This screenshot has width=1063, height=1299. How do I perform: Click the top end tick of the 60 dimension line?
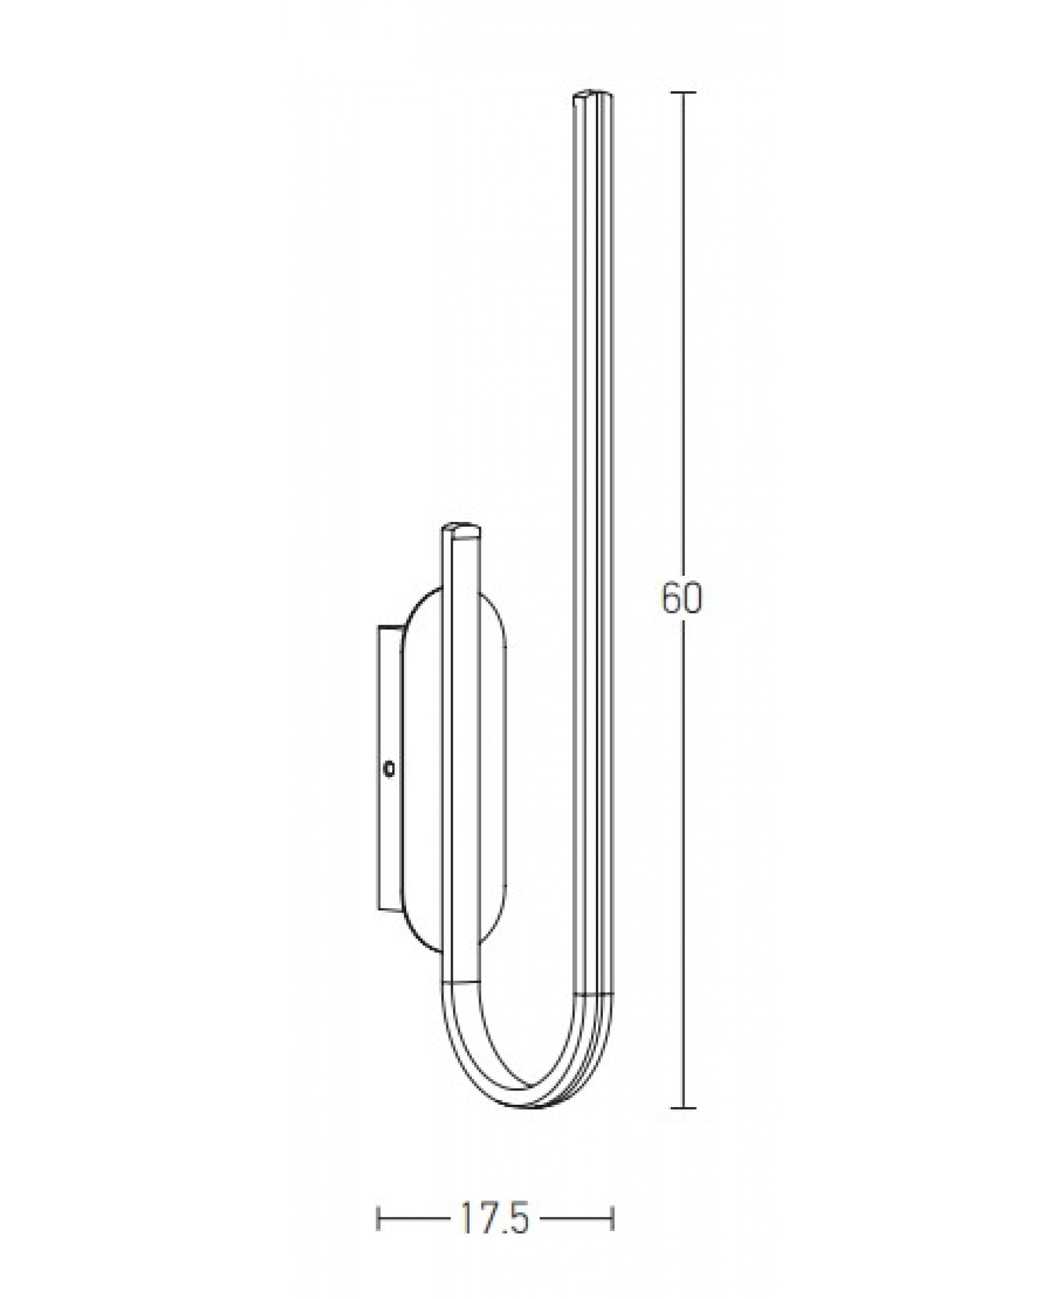(x=683, y=92)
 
